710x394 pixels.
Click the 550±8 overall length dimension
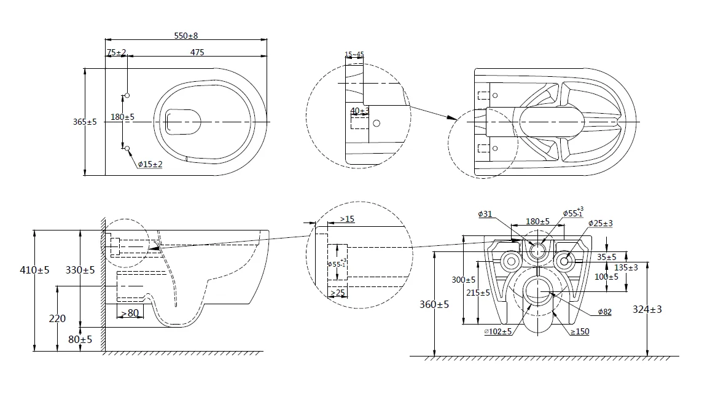click(185, 36)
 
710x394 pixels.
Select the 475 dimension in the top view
click(197, 53)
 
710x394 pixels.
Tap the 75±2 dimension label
click(116, 53)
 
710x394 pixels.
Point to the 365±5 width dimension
click(85, 122)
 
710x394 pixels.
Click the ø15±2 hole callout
click(150, 164)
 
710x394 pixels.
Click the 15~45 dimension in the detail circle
click(354, 55)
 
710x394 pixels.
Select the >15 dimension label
click(346, 219)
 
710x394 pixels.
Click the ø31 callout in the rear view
click(485, 214)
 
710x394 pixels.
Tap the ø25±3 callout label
click(599, 223)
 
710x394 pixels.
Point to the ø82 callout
click(605, 312)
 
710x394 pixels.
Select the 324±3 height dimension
click(647, 309)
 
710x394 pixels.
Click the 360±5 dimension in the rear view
click(435, 304)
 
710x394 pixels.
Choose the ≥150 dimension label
click(580, 332)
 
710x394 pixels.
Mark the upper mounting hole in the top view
click(127, 95)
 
